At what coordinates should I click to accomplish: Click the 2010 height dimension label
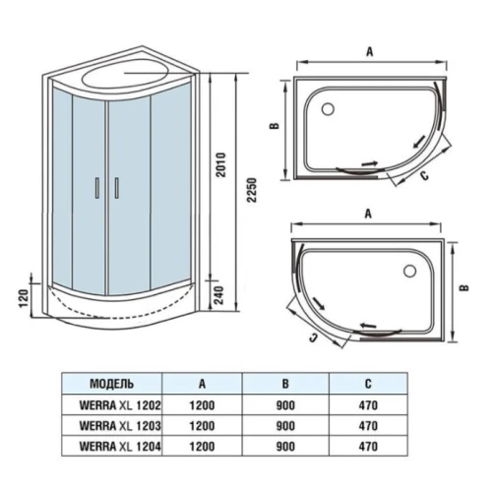[221, 165]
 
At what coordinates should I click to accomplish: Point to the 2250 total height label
[252, 191]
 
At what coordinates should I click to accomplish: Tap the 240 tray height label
[218, 295]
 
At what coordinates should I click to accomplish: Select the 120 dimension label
[25, 298]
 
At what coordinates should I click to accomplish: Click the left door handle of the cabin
[97, 188]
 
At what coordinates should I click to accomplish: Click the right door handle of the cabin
[116, 188]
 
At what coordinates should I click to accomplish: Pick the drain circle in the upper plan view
[328, 109]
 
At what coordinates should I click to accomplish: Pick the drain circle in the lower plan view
[410, 272]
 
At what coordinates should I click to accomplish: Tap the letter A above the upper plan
[370, 51]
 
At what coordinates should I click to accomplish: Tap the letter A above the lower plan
[368, 214]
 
